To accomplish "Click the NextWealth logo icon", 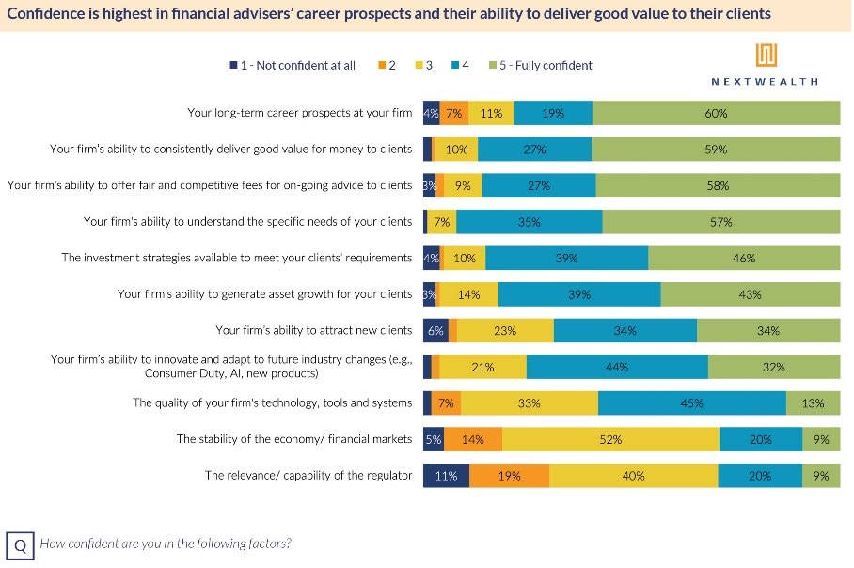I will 766,55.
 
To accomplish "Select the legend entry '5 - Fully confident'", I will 546,65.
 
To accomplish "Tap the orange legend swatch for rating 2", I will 382,65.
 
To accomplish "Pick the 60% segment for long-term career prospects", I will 716,113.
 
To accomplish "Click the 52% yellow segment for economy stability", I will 610,439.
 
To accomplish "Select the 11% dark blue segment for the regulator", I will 446,476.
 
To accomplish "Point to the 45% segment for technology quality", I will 691,403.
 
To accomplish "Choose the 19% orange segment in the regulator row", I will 509,476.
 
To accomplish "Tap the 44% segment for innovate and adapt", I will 617,367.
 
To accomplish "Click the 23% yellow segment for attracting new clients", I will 505,330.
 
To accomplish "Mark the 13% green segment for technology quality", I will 813,403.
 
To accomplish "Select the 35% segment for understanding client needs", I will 529,222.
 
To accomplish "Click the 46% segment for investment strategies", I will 744,258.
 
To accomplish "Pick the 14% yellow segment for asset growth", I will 468,294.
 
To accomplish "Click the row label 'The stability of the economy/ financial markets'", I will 293,439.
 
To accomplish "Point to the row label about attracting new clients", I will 313,330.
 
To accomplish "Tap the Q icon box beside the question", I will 20,544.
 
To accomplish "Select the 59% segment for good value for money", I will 716,149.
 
